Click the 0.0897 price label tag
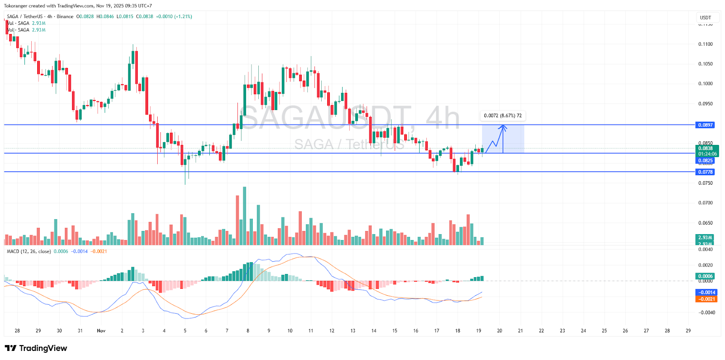click(705, 125)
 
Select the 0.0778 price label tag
click(705, 172)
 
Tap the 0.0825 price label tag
click(705, 161)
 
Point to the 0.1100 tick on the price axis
click(705, 44)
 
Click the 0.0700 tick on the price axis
click(705, 203)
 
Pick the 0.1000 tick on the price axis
click(705, 84)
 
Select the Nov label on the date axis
click(101, 331)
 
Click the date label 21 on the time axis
click(520, 331)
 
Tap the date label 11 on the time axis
click(311, 331)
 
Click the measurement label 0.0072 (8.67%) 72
click(503, 116)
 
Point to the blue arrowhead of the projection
click(503, 127)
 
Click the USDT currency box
click(706, 18)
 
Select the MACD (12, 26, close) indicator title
click(29, 251)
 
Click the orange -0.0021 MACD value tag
click(706, 299)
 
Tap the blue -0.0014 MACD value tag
click(706, 293)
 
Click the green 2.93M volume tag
click(705, 238)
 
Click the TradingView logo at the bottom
click(36, 348)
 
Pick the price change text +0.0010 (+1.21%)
click(174, 17)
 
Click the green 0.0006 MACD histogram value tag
click(705, 276)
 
